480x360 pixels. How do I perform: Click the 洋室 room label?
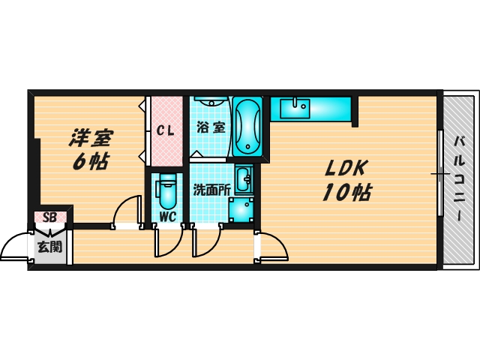(92, 138)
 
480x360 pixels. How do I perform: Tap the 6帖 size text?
(90, 161)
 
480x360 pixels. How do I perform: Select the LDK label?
(344, 168)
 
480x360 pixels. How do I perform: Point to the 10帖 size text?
(346, 193)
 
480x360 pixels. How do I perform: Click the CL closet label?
(166, 130)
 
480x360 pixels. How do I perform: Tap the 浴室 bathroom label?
(210, 127)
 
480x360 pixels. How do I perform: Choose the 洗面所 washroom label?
(211, 190)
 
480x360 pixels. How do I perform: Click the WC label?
(167, 217)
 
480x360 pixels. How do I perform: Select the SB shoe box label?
(51, 217)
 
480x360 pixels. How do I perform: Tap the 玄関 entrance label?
(51, 245)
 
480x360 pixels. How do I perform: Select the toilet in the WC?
(167, 191)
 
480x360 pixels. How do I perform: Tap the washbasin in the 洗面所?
(244, 181)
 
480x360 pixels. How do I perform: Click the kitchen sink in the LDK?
(295, 108)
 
